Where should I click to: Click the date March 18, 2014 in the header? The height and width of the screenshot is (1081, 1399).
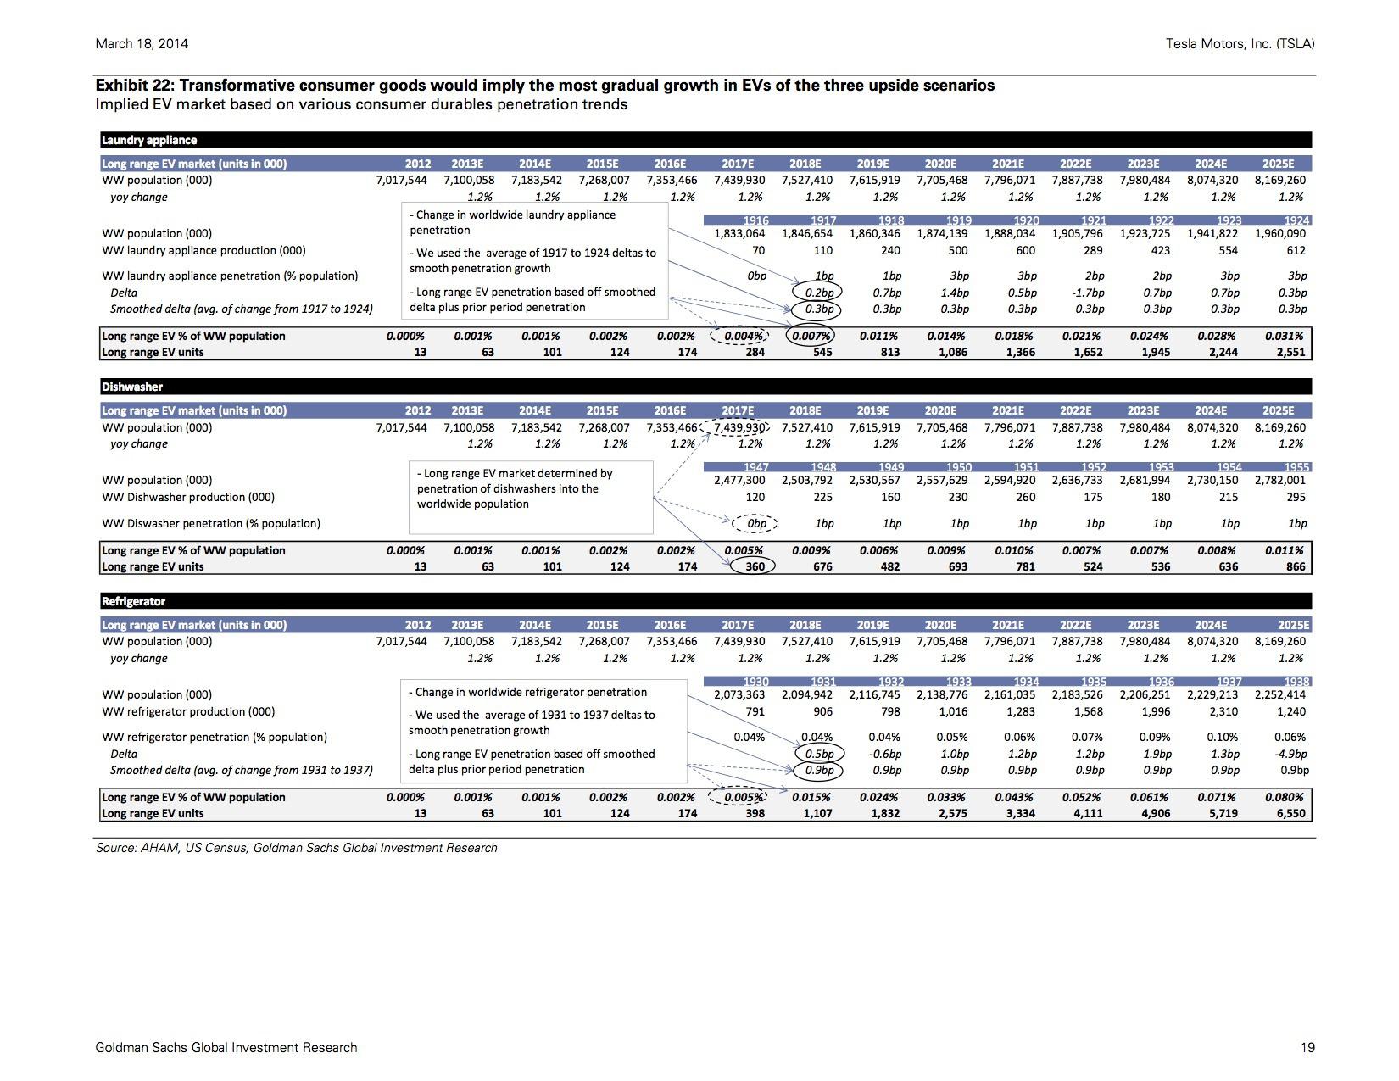point(142,44)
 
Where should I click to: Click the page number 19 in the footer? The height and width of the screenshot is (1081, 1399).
point(1307,1048)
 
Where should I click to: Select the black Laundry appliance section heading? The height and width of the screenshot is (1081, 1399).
point(149,140)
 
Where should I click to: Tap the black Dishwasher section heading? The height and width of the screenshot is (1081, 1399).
point(132,387)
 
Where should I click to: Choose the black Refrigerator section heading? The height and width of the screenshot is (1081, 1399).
point(133,601)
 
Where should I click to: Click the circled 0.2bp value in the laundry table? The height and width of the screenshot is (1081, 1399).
point(817,293)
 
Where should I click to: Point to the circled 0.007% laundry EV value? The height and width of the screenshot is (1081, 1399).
point(810,336)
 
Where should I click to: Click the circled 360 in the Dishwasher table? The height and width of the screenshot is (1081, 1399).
point(753,566)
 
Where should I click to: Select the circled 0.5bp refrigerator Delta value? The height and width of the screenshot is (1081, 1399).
point(820,753)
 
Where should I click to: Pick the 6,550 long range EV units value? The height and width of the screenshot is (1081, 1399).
point(1290,813)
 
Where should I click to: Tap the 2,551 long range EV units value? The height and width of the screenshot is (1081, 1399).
point(1290,352)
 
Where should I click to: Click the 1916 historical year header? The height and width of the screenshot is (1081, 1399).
point(755,220)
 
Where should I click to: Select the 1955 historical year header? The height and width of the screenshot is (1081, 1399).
point(1296,467)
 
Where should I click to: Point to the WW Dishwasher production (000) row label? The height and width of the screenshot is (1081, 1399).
point(188,497)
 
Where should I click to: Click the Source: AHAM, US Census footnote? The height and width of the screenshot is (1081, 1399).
point(296,848)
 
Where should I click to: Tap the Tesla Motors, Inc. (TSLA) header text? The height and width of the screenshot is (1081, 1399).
point(1240,44)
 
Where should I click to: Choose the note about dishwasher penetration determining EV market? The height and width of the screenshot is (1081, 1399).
point(515,488)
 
